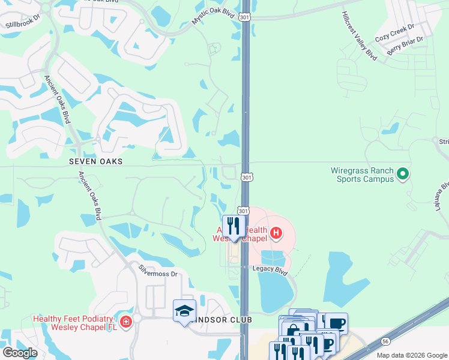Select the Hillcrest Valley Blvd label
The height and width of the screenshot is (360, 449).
coord(358,35)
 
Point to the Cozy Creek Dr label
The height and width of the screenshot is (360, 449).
coord(394,32)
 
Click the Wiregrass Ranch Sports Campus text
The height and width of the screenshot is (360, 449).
coord(363,175)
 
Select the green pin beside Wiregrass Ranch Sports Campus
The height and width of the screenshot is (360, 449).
coord(403,175)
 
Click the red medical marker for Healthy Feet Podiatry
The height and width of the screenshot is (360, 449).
coord(126,322)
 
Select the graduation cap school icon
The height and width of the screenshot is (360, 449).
coord(184,310)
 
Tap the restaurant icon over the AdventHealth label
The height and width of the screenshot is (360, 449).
coord(234,226)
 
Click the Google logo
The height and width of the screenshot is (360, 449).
coord(20,353)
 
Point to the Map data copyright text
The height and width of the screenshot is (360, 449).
coord(412,355)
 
